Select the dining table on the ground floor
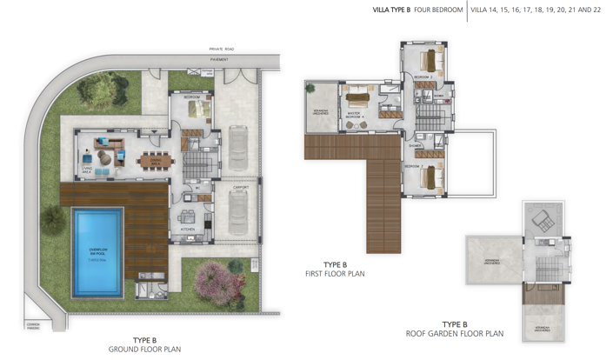(x=156, y=158)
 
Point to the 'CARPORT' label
(x=241, y=187)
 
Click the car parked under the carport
(x=238, y=211)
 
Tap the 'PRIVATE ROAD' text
(x=222, y=50)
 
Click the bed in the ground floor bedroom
(x=198, y=110)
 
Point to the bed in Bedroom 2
(x=430, y=61)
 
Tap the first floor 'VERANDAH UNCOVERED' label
(x=320, y=111)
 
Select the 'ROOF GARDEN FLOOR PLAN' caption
(x=455, y=333)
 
